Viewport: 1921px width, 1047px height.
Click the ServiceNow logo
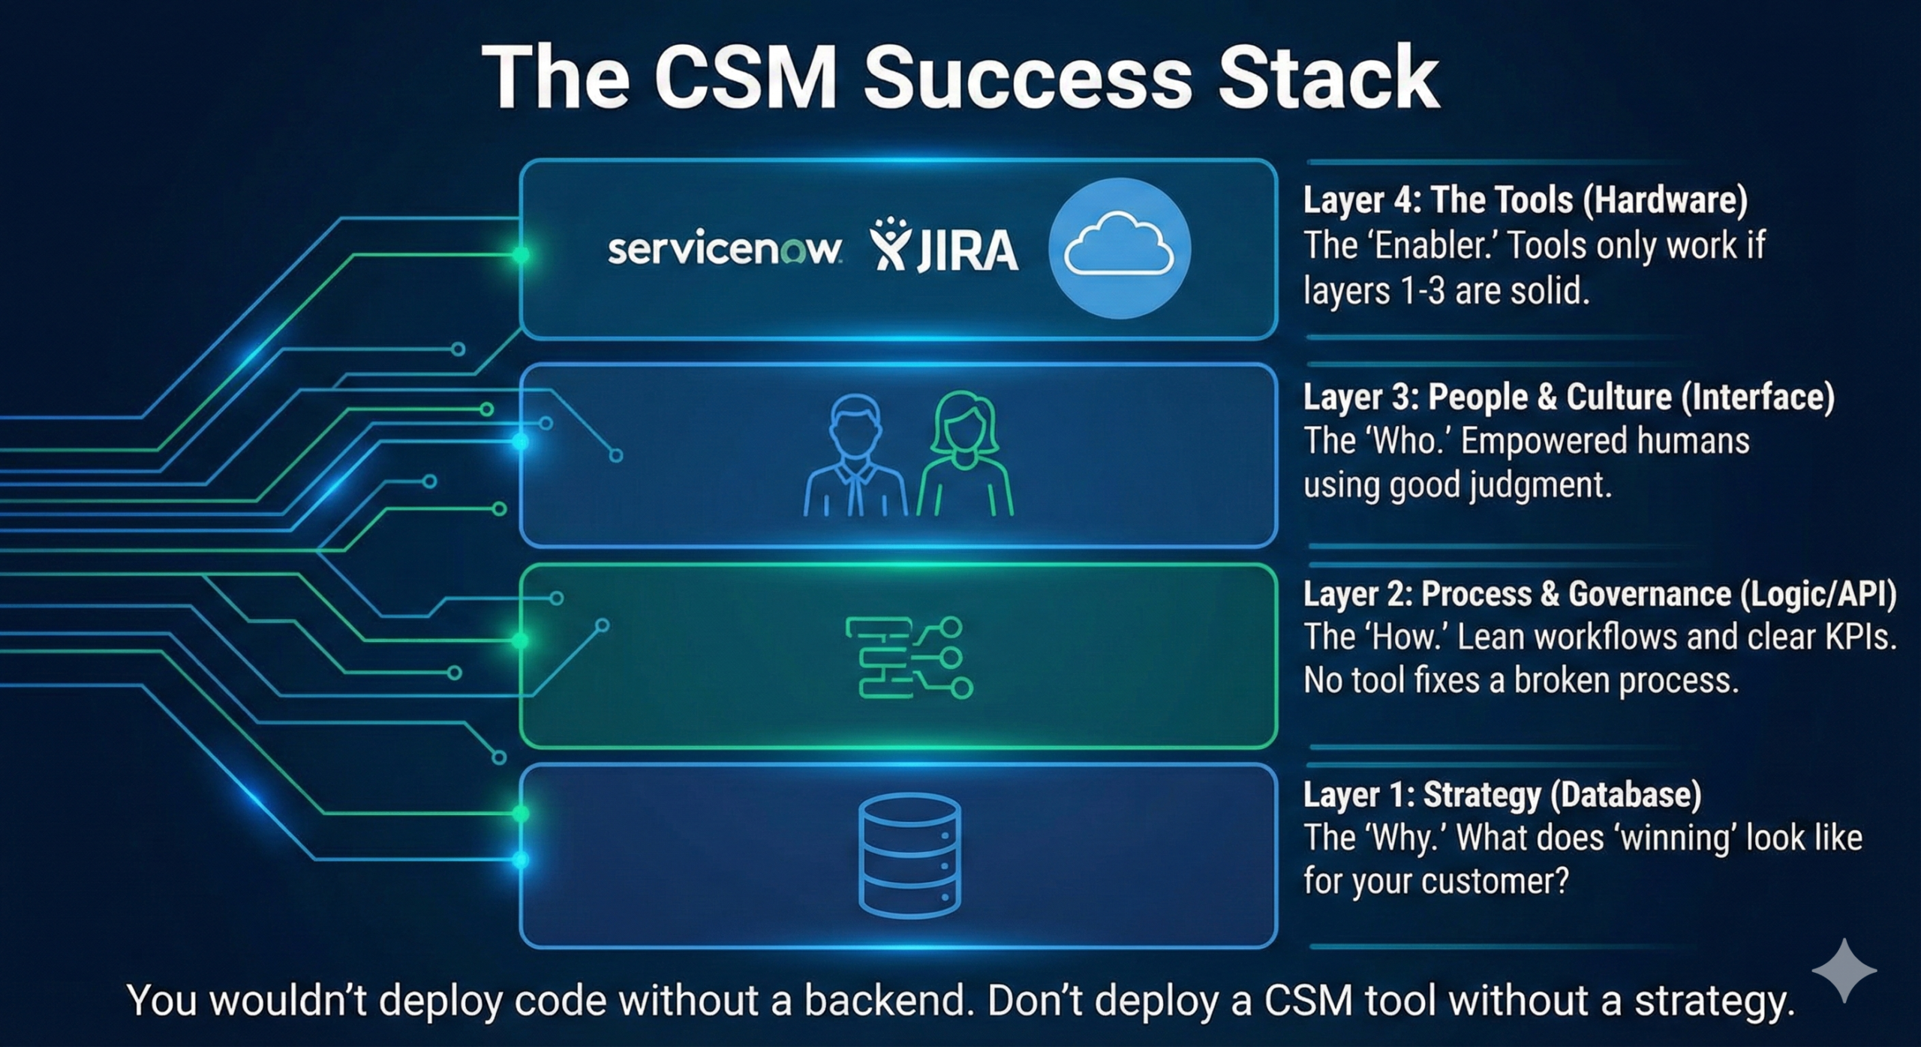point(724,250)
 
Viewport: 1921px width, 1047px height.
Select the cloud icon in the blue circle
point(1119,247)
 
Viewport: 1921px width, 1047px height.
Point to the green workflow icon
point(909,658)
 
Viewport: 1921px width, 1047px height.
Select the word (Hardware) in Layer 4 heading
point(1665,200)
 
